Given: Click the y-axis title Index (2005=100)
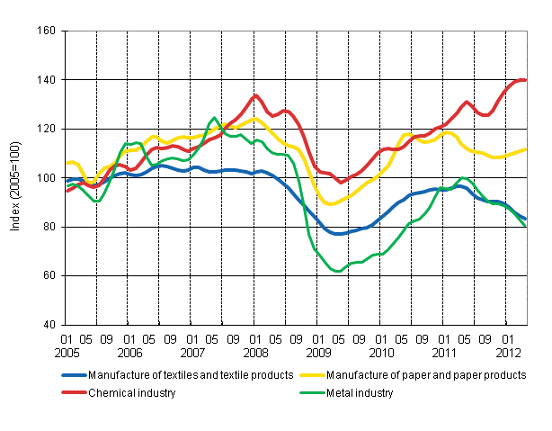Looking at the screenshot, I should tap(15, 178).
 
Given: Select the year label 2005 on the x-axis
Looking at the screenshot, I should tap(68, 354).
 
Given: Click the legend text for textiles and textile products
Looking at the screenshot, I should tap(198, 373).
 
